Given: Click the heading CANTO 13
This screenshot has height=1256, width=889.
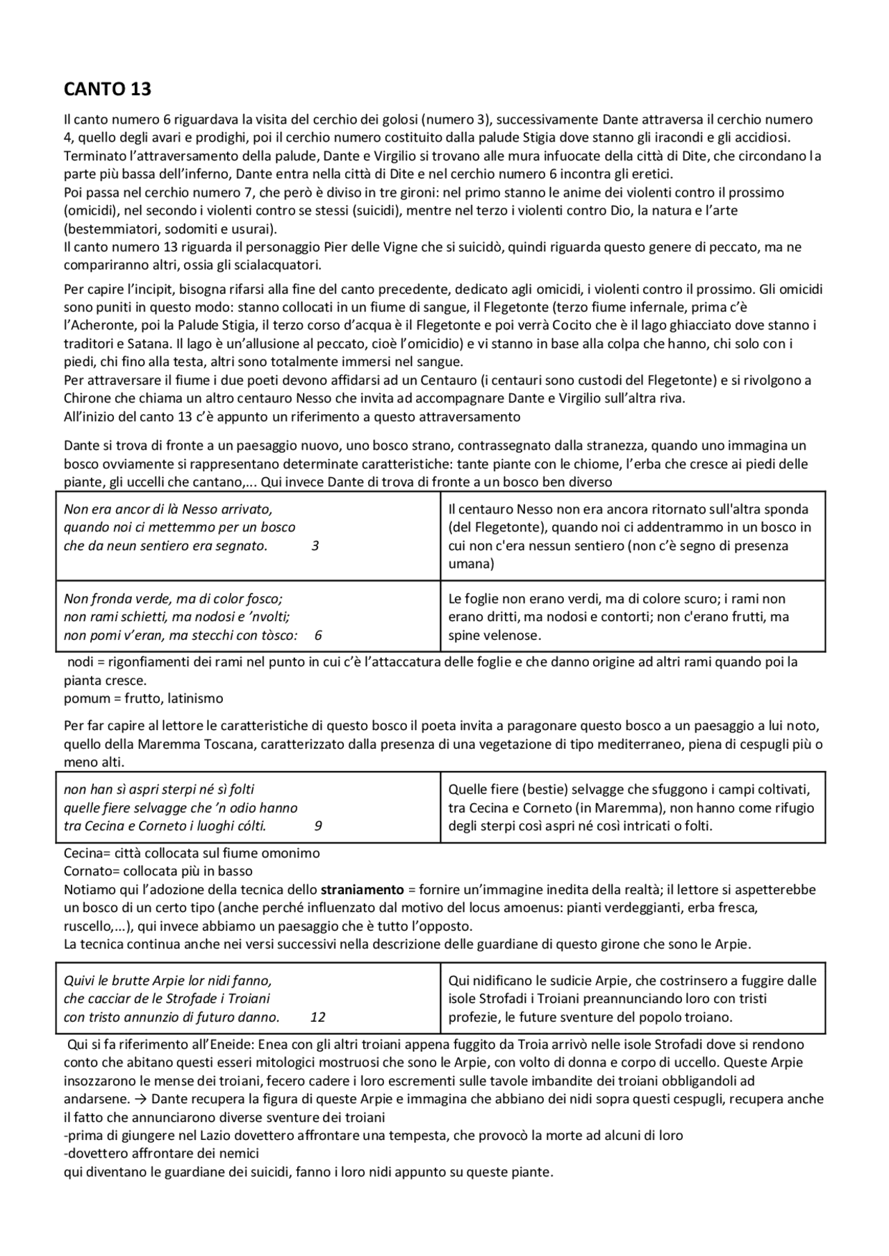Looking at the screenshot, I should [107, 90].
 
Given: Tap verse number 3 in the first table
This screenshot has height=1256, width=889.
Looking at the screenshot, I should [315, 546].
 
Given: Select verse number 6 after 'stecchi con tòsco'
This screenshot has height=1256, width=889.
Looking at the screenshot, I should [318, 635].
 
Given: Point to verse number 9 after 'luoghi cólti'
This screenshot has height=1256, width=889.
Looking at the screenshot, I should [318, 826].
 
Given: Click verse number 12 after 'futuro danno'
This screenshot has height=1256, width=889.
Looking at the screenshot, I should [317, 1018].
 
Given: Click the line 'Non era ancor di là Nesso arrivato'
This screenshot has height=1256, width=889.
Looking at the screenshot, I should [168, 509].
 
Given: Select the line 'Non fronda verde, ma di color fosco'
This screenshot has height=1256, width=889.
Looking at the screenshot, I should [173, 599].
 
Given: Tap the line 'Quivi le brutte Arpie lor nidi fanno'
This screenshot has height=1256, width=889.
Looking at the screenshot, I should [167, 981].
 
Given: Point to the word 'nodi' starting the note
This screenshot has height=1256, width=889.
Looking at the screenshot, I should [80, 662].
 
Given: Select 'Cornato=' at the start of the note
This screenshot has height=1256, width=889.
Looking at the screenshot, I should [89, 871].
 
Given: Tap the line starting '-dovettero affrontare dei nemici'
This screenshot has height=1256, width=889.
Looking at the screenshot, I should [161, 1154].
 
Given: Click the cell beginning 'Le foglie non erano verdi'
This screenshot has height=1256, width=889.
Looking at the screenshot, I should [618, 617].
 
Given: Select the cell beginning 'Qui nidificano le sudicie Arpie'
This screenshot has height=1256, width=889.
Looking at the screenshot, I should [632, 999].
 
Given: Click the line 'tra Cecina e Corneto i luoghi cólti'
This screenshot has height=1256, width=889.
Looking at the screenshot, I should [165, 826].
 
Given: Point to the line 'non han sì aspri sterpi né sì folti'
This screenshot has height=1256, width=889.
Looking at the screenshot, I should [159, 790].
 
